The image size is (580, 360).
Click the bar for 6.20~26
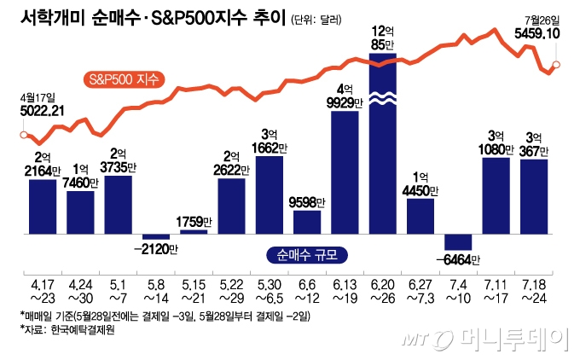383,145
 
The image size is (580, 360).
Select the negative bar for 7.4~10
458,241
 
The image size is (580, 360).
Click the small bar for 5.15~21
194,231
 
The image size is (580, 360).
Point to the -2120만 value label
156,250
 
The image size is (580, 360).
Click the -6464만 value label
459,259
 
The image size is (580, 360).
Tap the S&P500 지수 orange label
127,80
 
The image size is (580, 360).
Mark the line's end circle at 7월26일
556,64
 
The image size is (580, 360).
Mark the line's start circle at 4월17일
23,134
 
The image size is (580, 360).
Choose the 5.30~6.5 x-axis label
270,292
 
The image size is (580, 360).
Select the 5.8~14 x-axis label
156,292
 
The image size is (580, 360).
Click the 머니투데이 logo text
521,340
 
